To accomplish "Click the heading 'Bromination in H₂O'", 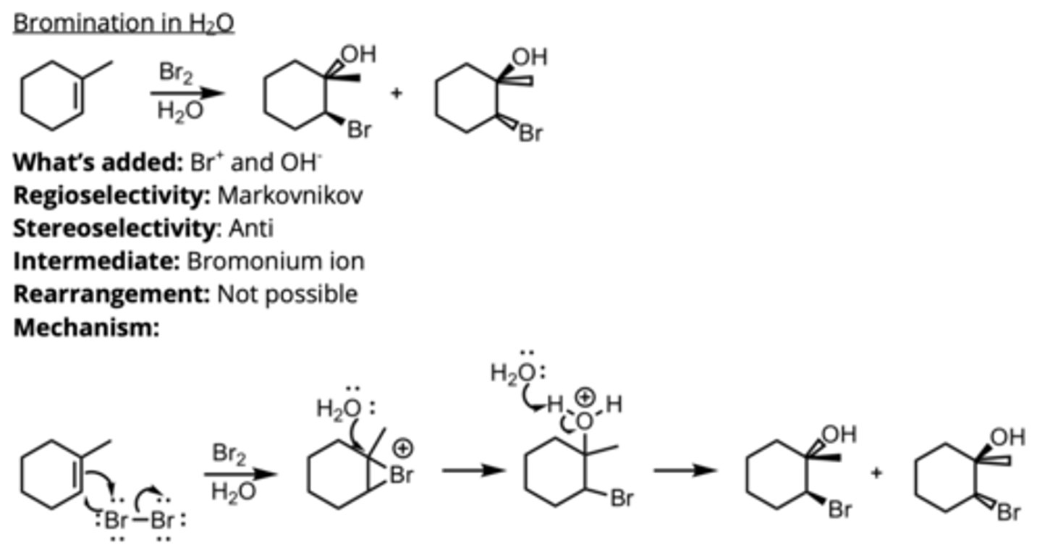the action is (124, 23).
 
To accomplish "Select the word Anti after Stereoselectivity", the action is (251, 228).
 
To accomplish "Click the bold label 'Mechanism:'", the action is (86, 328).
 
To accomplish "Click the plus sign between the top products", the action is (396, 93).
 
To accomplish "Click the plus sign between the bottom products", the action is (876, 474).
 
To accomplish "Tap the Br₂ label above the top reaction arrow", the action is (176, 73).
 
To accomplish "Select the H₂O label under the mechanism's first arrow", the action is (233, 491).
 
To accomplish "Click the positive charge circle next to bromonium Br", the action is (403, 449).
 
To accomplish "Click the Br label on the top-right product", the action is (530, 134).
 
